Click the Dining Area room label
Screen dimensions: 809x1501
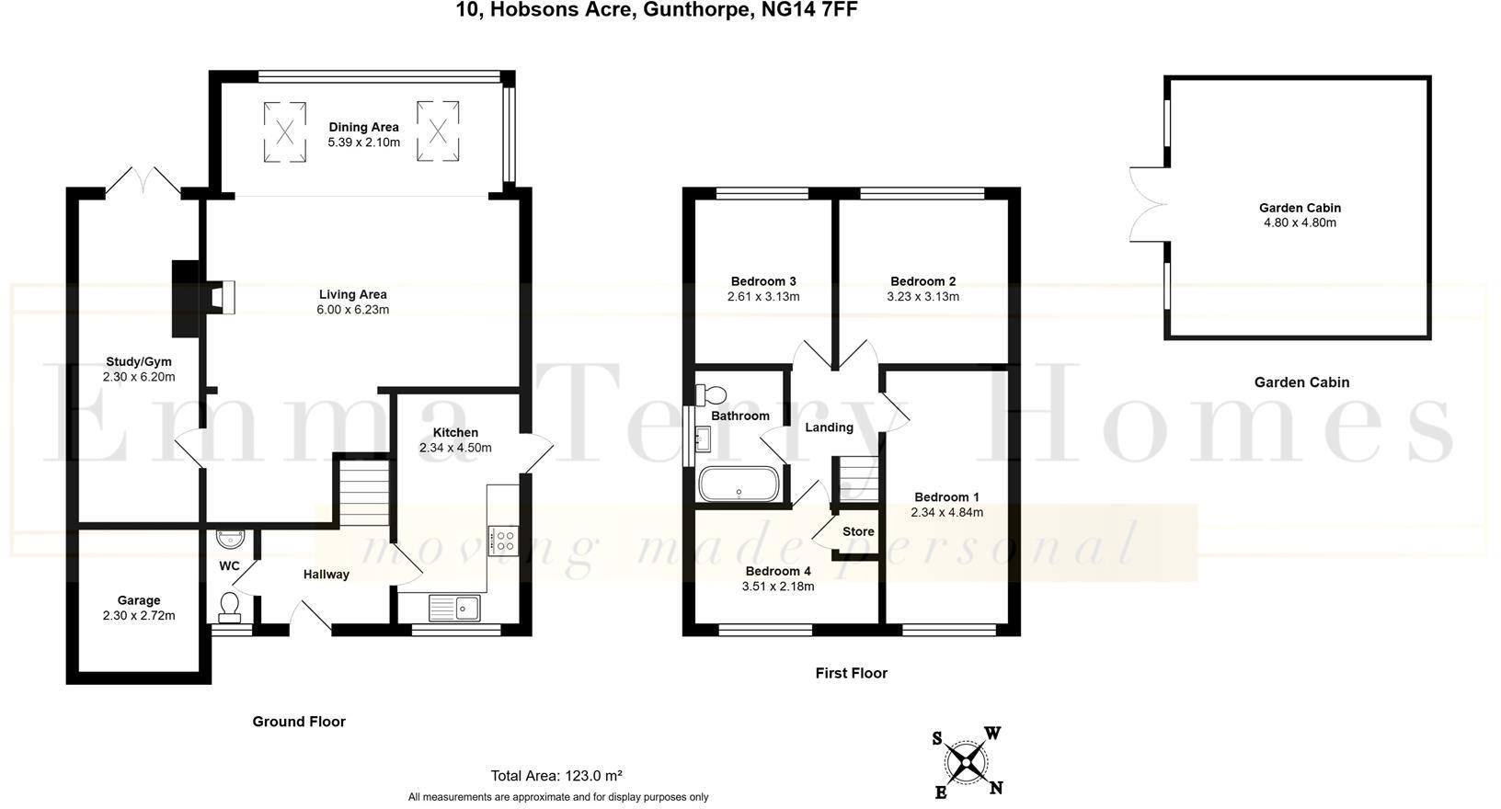363,127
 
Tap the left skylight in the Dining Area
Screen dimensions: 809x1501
285,132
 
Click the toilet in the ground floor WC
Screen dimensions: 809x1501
230,605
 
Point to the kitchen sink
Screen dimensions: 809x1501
453,607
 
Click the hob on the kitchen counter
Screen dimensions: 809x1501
503,540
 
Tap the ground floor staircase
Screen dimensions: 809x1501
365,493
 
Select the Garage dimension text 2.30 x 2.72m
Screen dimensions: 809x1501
139,616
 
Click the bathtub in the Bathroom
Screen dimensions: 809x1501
738,484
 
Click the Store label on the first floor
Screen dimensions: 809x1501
858,531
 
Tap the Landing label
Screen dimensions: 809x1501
829,427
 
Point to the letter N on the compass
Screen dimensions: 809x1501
996,788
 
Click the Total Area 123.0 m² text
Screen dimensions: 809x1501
556,775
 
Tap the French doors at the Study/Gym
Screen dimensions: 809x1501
143,180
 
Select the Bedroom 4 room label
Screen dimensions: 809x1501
777,571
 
